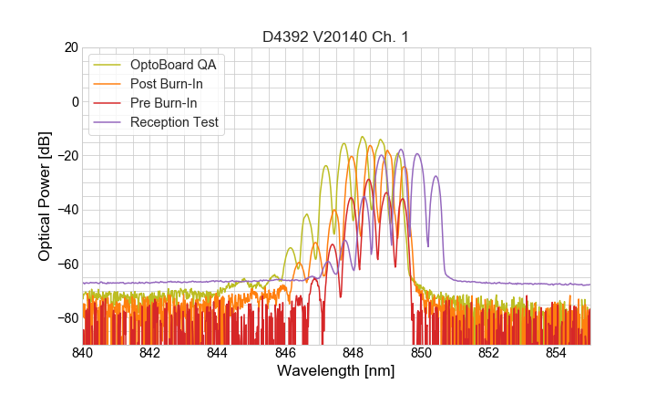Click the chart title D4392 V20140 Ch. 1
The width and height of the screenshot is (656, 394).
(x=336, y=36)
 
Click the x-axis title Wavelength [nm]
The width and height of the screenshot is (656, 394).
(x=336, y=371)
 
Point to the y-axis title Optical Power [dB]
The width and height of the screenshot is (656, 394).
(x=45, y=195)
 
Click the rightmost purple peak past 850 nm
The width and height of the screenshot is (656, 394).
(x=436, y=176)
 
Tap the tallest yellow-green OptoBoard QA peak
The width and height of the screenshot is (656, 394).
(x=362, y=138)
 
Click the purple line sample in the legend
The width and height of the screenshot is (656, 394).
(x=108, y=122)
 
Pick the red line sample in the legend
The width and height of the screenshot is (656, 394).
(x=108, y=103)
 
